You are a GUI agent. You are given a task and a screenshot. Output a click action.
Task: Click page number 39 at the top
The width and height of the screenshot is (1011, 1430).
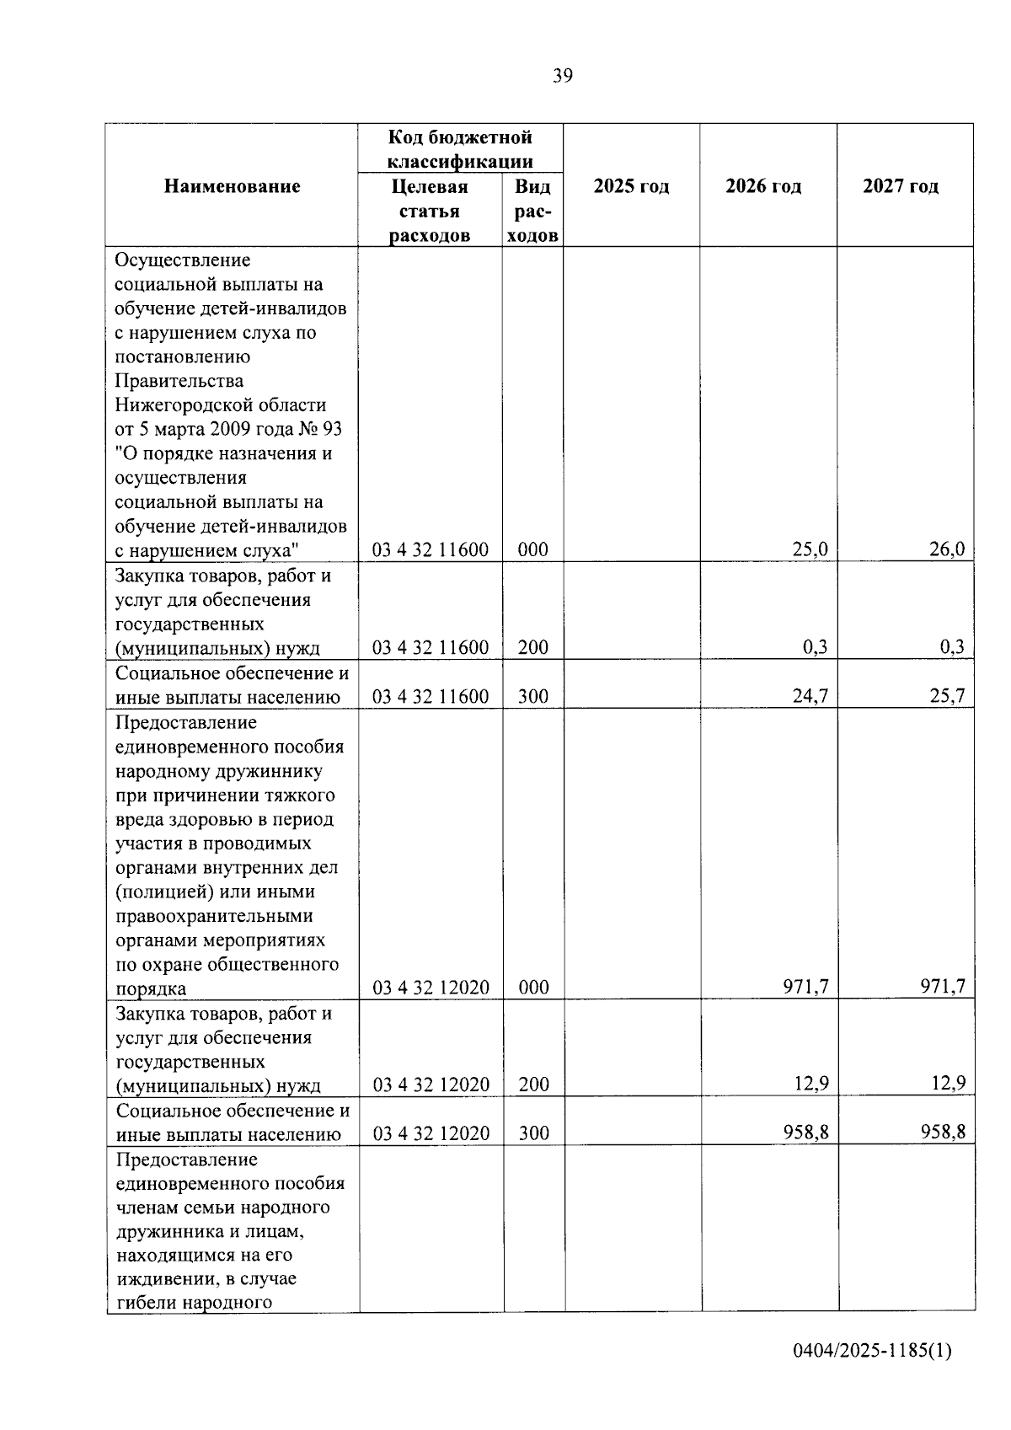coord(563,77)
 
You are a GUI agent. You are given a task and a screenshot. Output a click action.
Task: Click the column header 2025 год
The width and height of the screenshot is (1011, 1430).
coord(631,186)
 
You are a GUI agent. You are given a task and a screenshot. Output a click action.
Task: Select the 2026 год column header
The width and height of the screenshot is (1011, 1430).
coord(763,186)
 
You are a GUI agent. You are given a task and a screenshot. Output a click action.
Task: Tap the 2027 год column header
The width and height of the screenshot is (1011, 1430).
coord(901,186)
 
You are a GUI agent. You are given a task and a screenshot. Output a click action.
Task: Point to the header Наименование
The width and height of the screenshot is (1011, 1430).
coord(232,186)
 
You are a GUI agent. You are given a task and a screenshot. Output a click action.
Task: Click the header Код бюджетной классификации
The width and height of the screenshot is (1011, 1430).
coord(460,149)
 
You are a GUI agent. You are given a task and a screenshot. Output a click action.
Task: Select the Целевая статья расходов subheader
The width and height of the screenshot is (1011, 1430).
coord(430,211)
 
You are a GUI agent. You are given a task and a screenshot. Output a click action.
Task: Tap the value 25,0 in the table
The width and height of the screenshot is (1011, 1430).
coord(810,550)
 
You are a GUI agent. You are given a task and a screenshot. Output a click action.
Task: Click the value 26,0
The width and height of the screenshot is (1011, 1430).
coord(947,550)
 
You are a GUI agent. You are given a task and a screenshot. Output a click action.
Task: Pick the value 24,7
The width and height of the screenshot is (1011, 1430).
coord(810,696)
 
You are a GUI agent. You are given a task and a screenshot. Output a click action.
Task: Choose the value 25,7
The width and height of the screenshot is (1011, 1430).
coord(947,696)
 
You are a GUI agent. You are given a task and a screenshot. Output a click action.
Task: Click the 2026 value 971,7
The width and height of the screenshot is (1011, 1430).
coord(805,987)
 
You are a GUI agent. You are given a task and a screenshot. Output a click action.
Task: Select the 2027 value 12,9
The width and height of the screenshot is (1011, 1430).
coord(948,1084)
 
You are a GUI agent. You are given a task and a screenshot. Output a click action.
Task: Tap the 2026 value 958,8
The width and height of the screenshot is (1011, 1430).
coord(805,1133)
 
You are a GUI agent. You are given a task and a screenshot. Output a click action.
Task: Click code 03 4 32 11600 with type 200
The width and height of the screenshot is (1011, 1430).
coord(431,647)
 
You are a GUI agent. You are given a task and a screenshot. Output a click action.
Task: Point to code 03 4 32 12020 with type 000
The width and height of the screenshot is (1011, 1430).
coord(431,988)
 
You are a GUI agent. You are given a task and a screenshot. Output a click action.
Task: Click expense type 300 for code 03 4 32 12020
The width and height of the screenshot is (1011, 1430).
coord(533,1133)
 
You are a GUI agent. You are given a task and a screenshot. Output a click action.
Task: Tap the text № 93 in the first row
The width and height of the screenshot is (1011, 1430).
coord(320,430)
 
